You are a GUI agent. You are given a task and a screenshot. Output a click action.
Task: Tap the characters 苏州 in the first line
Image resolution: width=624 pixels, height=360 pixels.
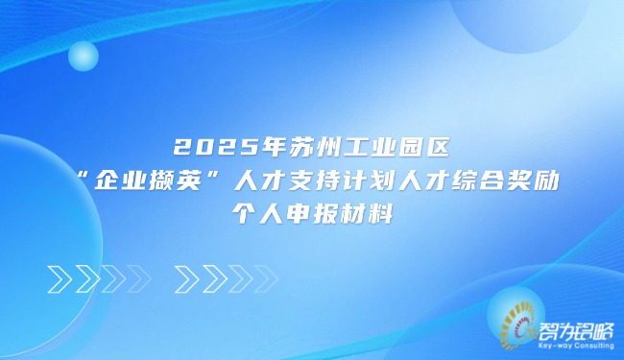[299, 150]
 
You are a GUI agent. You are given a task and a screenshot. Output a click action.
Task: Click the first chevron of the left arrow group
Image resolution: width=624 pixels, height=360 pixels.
[60, 277]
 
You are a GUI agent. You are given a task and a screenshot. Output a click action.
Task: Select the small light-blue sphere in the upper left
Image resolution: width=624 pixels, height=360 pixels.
[84, 57]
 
